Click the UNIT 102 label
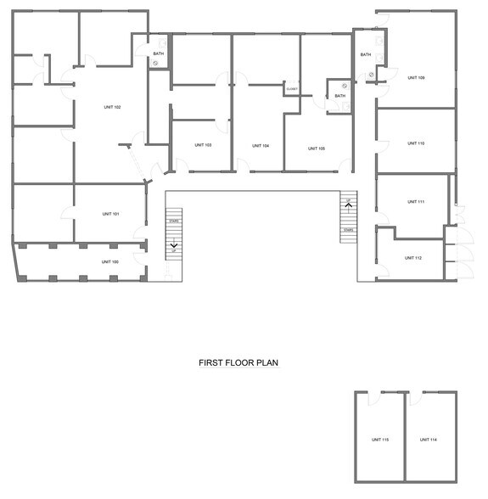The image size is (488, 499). pos(112,107)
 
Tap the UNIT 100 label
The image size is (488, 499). pos(110,261)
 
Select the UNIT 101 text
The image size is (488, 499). pos(110,214)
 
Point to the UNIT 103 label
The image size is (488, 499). pos(203,145)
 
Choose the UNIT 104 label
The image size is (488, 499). pos(261,146)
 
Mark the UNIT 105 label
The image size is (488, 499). pos(316,148)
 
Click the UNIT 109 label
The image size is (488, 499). pos(416,78)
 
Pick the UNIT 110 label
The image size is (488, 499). pos(416,143)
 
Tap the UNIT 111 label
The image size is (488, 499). pos(416,202)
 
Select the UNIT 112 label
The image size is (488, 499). pos(413,258)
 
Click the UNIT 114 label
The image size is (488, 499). pos(428,440)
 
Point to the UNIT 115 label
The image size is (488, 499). pos(380,440)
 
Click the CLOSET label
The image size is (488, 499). pos(292,89)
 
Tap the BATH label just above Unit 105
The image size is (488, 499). pos(339,96)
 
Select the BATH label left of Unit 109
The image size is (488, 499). pos(366,55)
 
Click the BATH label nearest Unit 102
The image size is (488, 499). pos(159,54)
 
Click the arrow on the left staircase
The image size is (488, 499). pos(174,247)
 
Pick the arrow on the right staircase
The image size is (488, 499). pos(348,204)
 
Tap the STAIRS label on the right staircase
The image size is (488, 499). pos(349,230)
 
